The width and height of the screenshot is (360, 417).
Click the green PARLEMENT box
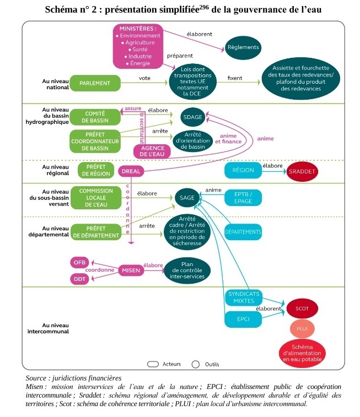pos(95,83)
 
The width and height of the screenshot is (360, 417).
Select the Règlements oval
pos(243,47)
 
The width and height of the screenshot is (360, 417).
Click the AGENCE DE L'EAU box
pos(153,151)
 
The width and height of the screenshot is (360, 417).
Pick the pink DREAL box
pos(131,171)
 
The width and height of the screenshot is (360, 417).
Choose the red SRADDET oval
pos(303,172)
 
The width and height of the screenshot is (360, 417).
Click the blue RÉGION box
pos(243,170)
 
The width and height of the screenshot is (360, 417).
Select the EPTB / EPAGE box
pos(243,197)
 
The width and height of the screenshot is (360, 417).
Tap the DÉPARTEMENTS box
pos(243,232)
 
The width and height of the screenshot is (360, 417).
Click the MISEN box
pos(132,270)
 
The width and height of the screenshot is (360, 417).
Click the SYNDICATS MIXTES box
pos(243,297)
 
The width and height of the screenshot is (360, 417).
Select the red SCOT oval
pos(302,308)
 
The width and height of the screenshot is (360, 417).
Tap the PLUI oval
pos(302,328)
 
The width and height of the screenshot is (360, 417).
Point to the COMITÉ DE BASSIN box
pos(95,117)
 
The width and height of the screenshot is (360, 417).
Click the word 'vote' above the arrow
pos(144,78)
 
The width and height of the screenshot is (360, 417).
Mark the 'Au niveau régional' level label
pos(56,170)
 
